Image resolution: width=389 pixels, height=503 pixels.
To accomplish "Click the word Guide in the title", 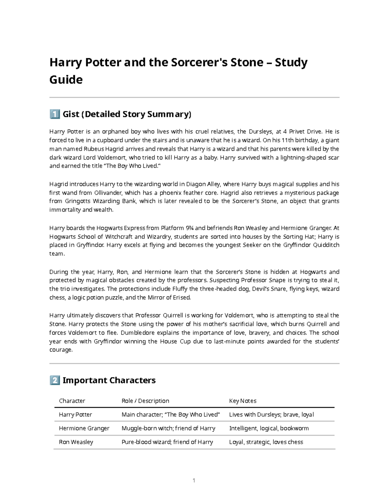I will [66, 80].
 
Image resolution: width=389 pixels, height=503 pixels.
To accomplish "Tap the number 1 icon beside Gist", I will [54, 114].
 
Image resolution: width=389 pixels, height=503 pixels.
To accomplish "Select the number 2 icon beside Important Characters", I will [54, 380].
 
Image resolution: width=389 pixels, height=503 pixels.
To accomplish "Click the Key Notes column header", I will [242, 401].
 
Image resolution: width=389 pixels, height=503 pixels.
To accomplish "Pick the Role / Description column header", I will [145, 401].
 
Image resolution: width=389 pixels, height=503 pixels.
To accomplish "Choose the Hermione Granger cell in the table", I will [84, 428].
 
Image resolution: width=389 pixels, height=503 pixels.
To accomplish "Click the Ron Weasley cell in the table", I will [76, 442].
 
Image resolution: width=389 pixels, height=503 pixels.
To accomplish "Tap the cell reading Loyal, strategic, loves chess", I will [266, 442].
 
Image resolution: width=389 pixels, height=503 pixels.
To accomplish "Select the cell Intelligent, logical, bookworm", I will [269, 428].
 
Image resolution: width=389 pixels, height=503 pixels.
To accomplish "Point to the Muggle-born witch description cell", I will [168, 428].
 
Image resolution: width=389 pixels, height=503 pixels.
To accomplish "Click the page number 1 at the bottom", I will [194, 480].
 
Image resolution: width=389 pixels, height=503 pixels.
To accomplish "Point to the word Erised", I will [182, 298].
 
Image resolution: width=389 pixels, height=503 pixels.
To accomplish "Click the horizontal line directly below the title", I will [194, 97].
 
